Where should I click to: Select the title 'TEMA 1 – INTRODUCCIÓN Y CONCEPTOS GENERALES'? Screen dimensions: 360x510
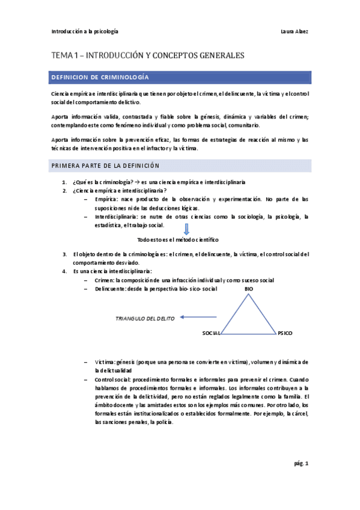click(147, 55)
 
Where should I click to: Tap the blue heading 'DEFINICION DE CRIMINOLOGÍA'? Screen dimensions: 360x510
click(100, 78)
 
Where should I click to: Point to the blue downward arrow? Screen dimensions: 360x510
click(186, 229)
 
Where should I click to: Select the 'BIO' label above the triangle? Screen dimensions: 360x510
click(249, 289)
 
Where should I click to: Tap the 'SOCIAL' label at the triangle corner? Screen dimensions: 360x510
click(212, 333)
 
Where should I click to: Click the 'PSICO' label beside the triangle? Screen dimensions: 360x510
click(285, 333)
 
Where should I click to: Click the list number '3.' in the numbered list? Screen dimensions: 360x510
click(64, 254)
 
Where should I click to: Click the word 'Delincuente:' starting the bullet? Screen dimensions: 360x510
click(110, 289)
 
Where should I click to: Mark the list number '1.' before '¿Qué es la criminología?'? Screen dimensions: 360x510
click(64, 182)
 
